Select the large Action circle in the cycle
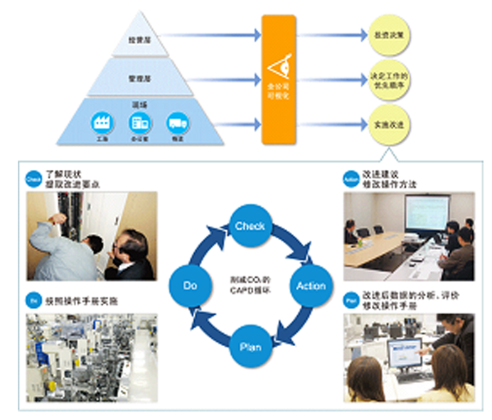pos(311,286)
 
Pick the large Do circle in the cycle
pos(188,286)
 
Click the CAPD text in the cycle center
pos(249,291)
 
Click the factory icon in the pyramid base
pos(102,122)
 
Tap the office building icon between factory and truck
pos(139,122)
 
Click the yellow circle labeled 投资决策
pos(388,34)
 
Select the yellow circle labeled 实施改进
pos(388,124)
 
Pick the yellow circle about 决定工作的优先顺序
pos(388,78)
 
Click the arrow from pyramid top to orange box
pos(213,34)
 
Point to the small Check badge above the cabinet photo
pos(32,178)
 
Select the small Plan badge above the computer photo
pos(351,298)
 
